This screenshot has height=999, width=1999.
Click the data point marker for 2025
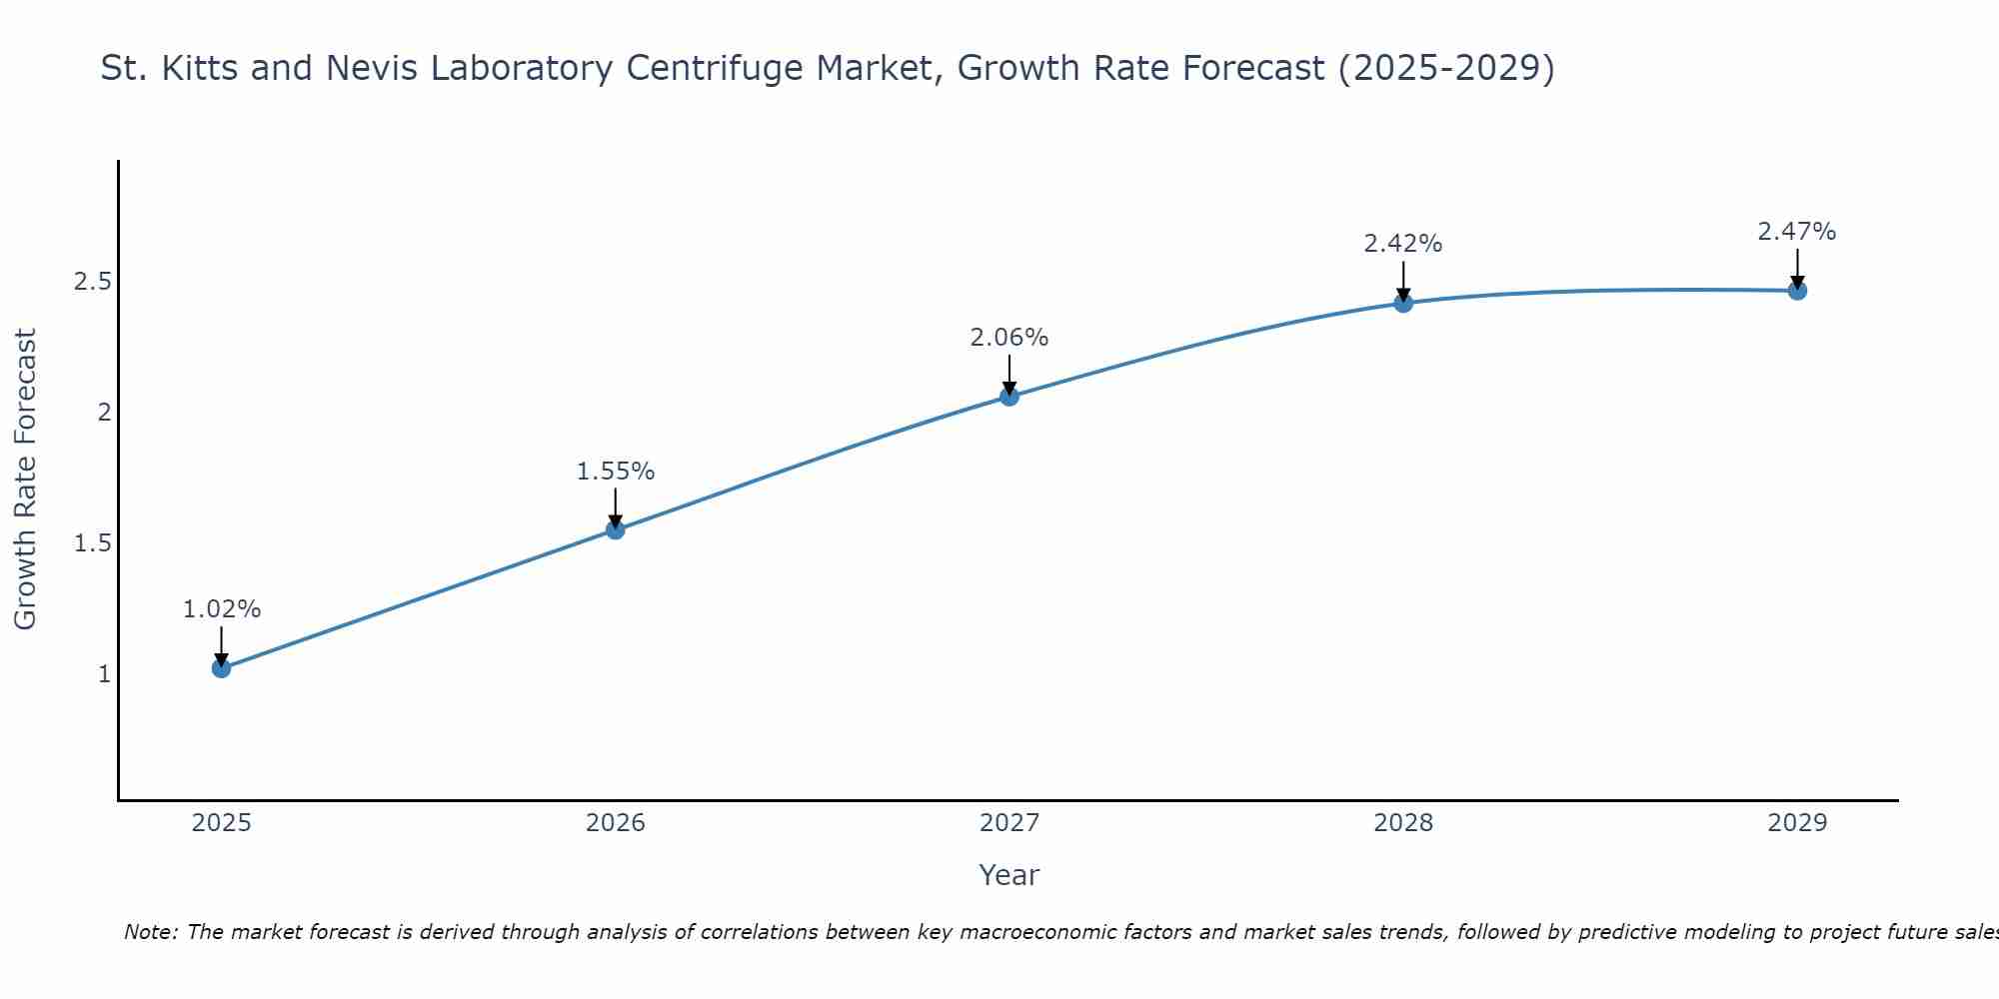tap(222, 668)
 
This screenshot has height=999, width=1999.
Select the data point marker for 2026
tap(616, 529)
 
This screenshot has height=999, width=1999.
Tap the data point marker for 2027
tap(1009, 397)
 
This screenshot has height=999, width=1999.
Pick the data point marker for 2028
tap(1403, 303)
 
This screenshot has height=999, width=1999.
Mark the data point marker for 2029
tap(1797, 291)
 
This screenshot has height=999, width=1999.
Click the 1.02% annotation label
tap(222, 609)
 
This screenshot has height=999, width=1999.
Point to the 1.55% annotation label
tap(616, 472)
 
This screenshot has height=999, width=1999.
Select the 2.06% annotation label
tap(1009, 338)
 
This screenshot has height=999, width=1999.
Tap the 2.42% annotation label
tap(1403, 244)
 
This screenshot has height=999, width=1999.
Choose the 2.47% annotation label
tap(1797, 232)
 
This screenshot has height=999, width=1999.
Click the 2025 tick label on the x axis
tap(222, 823)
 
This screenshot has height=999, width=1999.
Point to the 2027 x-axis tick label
tap(1009, 823)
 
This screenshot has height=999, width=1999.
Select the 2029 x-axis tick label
tap(1797, 823)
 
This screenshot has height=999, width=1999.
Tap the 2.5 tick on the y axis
tap(92, 282)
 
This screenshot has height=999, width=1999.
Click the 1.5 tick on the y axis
tap(92, 543)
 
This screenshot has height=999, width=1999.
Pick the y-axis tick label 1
tap(104, 674)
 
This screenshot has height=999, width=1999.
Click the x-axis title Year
tap(1009, 875)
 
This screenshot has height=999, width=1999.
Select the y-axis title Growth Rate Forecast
tap(26, 480)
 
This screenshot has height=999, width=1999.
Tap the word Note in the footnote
tap(150, 932)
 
